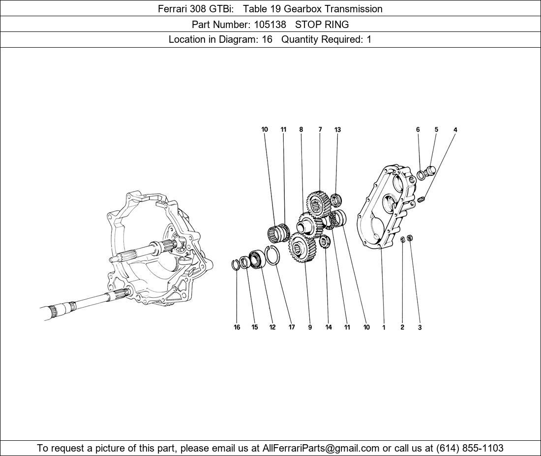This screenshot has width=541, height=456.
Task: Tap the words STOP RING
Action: tap(322, 24)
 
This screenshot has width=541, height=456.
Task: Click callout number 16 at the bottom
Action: tap(237, 327)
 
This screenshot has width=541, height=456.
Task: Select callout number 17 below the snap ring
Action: tap(292, 327)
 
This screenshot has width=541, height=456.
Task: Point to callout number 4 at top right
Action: tap(455, 130)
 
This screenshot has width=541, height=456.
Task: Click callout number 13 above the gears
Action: tap(337, 130)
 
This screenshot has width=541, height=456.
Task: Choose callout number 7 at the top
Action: tap(320, 130)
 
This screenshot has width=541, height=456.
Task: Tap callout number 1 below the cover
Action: tap(384, 327)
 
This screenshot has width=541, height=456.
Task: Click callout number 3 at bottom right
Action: tap(420, 327)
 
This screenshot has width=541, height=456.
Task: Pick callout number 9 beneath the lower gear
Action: tap(310, 327)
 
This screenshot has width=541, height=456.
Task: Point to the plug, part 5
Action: tap(431, 171)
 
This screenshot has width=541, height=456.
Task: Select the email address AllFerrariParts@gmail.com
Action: tap(321, 448)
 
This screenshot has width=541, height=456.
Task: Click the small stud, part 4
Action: tap(422, 199)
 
